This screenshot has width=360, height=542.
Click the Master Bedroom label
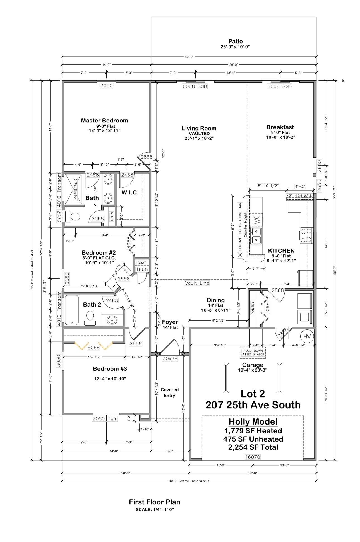pyautogui.click(x=104, y=121)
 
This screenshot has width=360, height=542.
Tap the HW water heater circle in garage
pyautogui.click(x=307, y=336)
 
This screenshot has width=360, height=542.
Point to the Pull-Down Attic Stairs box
pyautogui.click(x=253, y=352)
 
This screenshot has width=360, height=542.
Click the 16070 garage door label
pyautogui.click(x=253, y=457)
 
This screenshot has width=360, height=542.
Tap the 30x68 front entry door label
pyautogui.click(x=170, y=358)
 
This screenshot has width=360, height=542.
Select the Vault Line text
pyautogui.click(x=197, y=283)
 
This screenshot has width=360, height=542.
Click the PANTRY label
pyautogui.click(x=253, y=308)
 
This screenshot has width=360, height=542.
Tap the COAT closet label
pyautogui.click(x=142, y=263)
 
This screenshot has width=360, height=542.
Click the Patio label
pyautogui.click(x=236, y=41)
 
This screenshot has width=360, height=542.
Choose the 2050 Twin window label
pyautogui.click(x=105, y=418)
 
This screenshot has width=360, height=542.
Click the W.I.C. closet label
pyautogui.click(x=130, y=192)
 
